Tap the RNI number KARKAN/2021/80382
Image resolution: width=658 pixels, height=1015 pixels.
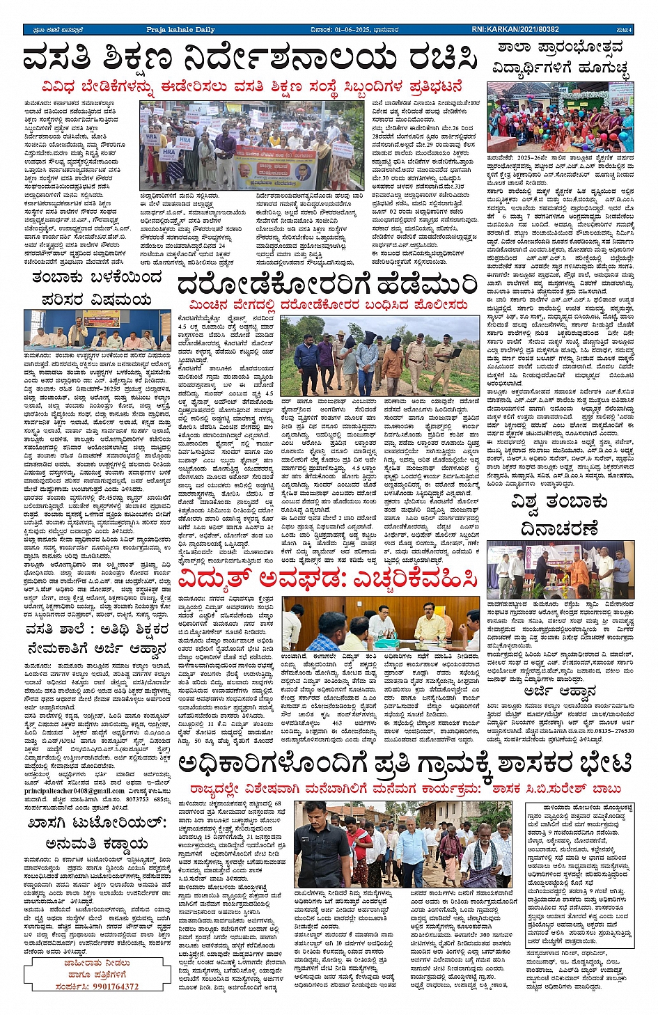pyautogui.click(x=515, y=30)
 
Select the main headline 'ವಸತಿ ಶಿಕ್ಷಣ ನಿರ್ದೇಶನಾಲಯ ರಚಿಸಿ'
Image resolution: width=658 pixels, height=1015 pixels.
pyautogui.click(x=251, y=59)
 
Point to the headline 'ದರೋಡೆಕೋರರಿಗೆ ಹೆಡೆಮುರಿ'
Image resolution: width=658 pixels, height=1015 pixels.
pyautogui.click(x=327, y=285)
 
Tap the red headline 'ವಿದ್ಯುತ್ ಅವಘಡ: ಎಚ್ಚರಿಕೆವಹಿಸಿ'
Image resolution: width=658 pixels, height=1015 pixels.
pyautogui.click(x=328, y=579)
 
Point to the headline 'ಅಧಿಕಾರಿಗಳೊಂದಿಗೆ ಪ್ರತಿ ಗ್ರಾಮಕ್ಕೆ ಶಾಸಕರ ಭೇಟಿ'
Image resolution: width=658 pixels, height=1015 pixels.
pyautogui.click(x=405, y=764)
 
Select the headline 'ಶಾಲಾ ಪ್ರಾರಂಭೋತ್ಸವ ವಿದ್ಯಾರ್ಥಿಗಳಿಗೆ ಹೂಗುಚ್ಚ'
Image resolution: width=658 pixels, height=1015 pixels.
pyautogui.click(x=560, y=58)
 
